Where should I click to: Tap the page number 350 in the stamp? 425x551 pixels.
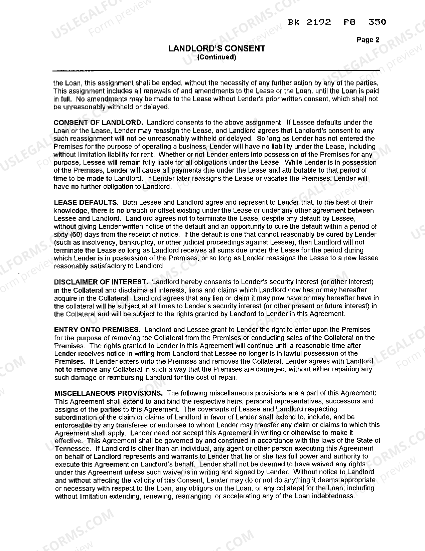click(x=377, y=22)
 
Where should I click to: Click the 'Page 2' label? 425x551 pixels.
click(x=368, y=40)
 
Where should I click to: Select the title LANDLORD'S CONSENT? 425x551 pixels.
click(x=217, y=49)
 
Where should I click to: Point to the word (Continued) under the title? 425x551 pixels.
click(x=217, y=57)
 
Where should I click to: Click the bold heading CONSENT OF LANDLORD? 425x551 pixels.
click(x=98, y=123)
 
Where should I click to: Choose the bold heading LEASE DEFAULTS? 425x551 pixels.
click(x=86, y=202)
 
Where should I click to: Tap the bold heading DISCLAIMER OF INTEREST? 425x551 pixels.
click(x=101, y=282)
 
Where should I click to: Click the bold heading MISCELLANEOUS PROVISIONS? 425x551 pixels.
click(x=109, y=393)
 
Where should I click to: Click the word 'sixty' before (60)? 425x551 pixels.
click(x=61, y=234)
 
